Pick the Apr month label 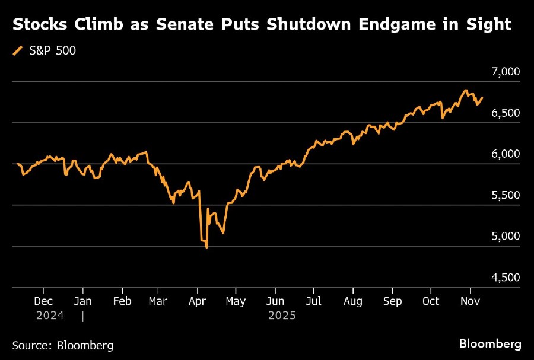coord(197,301)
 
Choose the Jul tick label coord(314,301)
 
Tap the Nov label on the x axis coord(471,301)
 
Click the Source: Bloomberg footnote coord(62,345)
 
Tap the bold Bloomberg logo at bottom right coord(490,344)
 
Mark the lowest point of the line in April coord(206,247)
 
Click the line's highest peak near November coord(466,91)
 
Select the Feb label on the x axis coord(122,301)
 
